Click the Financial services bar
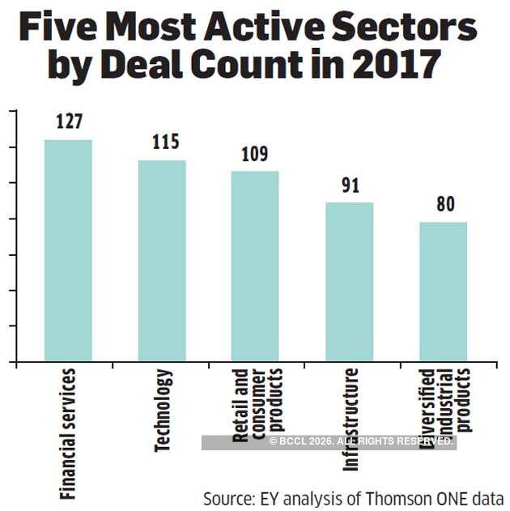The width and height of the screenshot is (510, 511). [68, 251]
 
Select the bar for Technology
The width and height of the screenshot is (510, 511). [162, 261]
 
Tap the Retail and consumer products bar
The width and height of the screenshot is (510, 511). [255, 266]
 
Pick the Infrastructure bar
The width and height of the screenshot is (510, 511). [350, 282]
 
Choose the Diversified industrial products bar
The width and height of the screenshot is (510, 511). [444, 292]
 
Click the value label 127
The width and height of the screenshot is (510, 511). [70, 122]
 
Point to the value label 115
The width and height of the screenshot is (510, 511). [165, 143]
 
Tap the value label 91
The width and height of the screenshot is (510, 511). [351, 185]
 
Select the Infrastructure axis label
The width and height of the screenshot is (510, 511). [350, 419]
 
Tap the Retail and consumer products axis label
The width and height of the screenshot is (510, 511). [256, 404]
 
